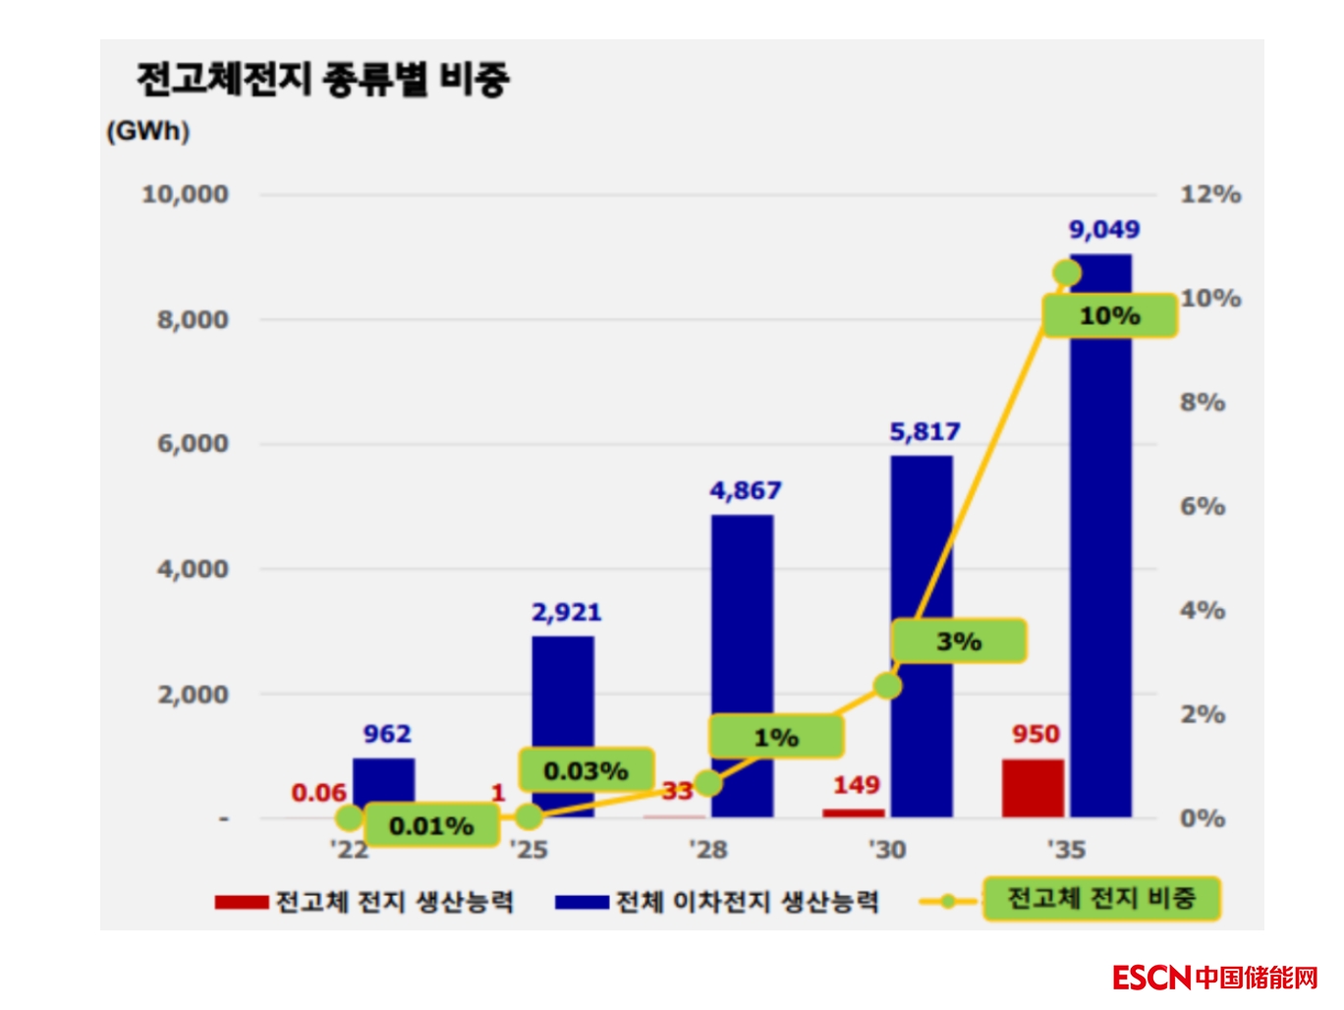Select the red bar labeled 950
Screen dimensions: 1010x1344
tap(1034, 788)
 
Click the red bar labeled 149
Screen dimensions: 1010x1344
tap(853, 813)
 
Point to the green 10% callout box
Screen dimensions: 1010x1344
tap(1109, 316)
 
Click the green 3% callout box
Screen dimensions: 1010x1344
tap(959, 642)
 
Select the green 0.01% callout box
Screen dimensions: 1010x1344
tap(431, 825)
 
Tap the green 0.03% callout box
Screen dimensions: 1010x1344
tap(586, 770)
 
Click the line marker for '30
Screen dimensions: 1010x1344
tap(887, 686)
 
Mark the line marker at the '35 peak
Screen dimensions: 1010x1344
tap(1067, 273)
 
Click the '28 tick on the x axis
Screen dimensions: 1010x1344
tap(708, 849)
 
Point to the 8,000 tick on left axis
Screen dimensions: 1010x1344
tap(193, 319)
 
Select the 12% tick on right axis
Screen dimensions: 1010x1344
tap(1210, 195)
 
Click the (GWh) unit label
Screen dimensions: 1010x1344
tap(148, 132)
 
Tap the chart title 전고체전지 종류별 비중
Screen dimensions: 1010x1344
tap(322, 79)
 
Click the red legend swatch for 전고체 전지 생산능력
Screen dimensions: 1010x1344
tap(242, 901)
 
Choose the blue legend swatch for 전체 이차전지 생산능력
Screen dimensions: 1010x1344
tap(582, 901)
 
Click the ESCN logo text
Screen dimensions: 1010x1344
tap(1151, 978)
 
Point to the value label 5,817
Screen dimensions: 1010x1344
tap(924, 432)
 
